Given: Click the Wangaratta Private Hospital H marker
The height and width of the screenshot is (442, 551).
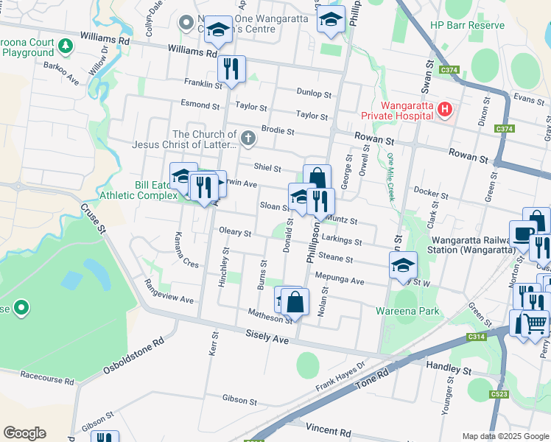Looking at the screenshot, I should pos(444,110).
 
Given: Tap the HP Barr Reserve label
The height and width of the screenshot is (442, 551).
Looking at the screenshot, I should pos(468,25).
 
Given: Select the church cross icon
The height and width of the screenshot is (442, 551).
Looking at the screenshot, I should pos(249,137).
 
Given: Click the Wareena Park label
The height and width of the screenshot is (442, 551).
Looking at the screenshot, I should pos(407,311).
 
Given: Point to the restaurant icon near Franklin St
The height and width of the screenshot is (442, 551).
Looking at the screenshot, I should pos(231,70).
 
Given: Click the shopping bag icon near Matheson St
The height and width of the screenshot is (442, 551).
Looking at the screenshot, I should pos(295,301).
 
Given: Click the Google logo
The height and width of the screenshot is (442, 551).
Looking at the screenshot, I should pos(24,433).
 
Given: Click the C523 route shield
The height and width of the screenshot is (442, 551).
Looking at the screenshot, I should pos(499,395).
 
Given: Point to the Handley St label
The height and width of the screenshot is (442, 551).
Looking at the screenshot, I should pos(449,366).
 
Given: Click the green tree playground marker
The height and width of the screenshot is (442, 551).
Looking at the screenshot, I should pos(66,46).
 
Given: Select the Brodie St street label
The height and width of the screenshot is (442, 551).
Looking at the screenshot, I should pos(278,131).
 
